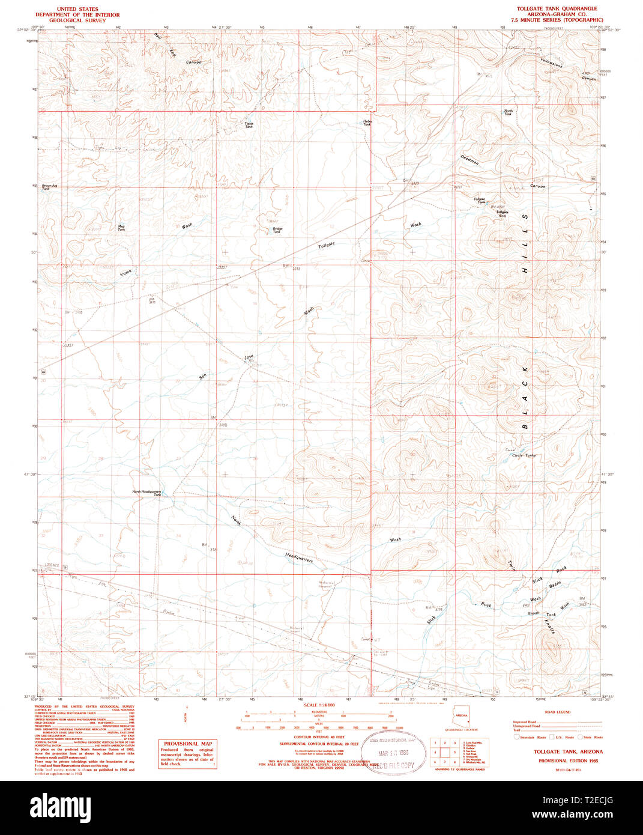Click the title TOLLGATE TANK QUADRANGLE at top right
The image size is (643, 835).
(553, 9)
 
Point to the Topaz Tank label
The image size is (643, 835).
(249, 126)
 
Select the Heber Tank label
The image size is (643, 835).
(367, 123)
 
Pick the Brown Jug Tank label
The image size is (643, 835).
(50, 187)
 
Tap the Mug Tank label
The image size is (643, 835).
(121, 228)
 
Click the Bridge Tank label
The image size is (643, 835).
(277, 230)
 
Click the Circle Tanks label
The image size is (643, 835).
(524, 455)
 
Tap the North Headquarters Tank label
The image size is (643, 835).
(147, 493)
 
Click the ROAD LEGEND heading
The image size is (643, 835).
(557, 712)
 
